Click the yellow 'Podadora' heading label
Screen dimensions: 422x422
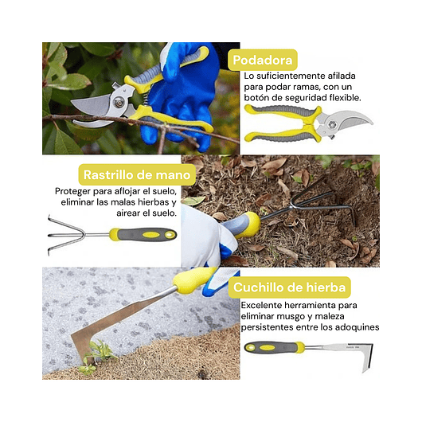coord(264,60)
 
